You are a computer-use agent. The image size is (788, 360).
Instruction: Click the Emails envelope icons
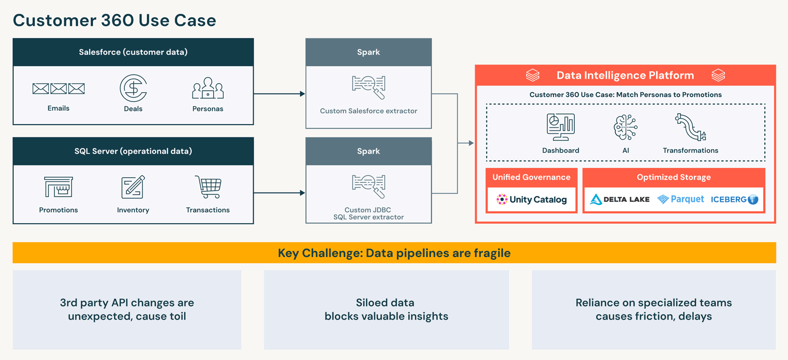point(59,89)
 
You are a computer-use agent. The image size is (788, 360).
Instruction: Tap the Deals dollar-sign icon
point(133,88)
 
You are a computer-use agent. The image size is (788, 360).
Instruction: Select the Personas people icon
point(208,88)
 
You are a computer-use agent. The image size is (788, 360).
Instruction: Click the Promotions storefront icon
point(59,187)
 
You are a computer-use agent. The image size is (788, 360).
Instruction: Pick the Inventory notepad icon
point(133,187)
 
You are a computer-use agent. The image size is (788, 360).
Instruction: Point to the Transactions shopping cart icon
point(208,187)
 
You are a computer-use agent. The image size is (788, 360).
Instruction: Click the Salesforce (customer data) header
point(133,52)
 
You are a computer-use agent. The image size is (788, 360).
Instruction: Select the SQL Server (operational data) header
point(133,151)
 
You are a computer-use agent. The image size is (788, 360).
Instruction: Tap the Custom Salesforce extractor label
point(368,111)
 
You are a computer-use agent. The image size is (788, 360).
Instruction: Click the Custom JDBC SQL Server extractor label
point(368,213)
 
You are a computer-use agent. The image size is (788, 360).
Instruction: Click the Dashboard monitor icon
point(560,127)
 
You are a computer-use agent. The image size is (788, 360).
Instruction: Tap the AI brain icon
point(625,127)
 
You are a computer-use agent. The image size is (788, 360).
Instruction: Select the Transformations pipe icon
point(690,127)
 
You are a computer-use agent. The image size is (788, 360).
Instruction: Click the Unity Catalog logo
point(531,199)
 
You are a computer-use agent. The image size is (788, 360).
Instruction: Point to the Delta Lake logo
point(620,199)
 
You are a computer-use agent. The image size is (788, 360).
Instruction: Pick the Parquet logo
point(681,199)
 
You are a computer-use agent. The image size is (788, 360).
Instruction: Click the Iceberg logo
point(734,199)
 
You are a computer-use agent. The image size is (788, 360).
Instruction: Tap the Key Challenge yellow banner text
point(394,253)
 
